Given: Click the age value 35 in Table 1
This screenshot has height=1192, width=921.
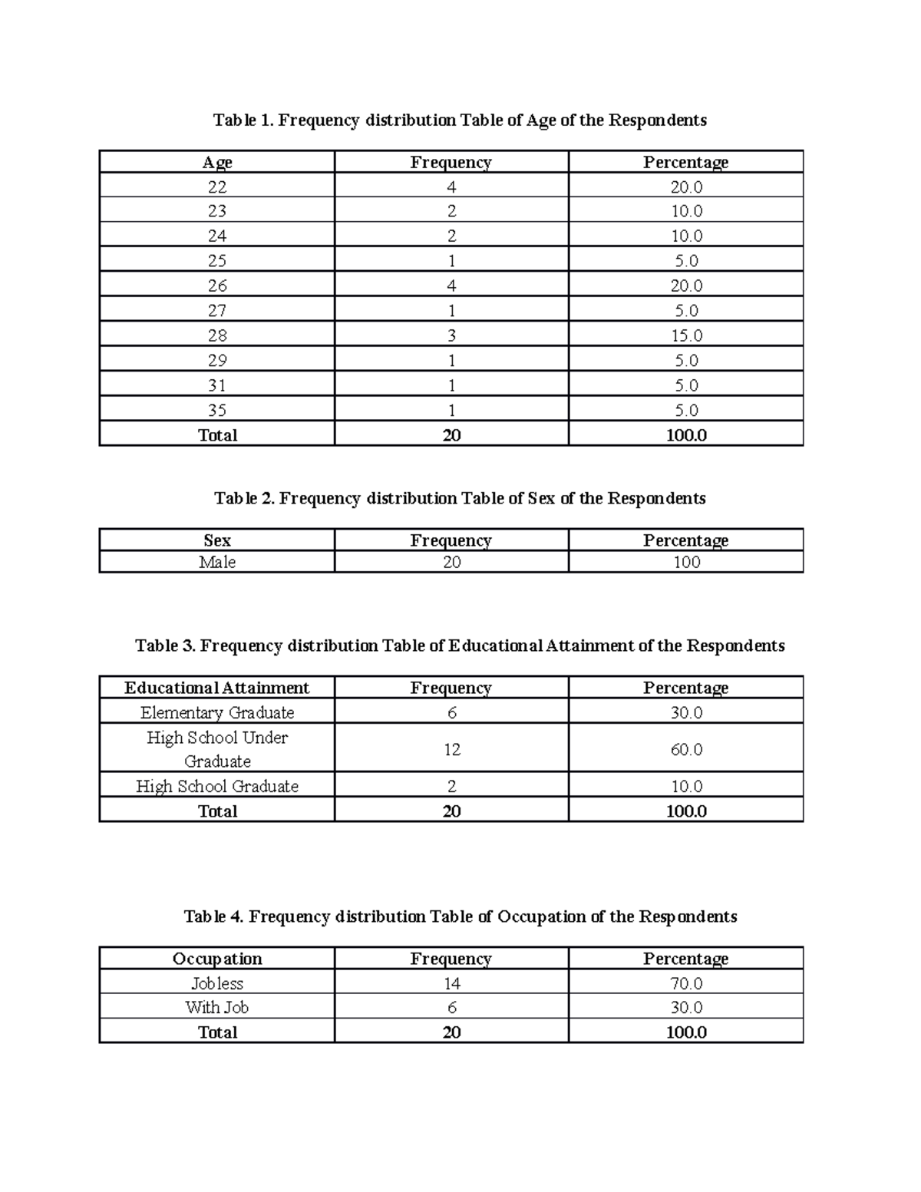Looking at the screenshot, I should click(217, 410).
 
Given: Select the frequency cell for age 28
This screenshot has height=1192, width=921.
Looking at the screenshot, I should click(451, 335).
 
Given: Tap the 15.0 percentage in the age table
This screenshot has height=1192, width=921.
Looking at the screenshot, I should click(686, 335).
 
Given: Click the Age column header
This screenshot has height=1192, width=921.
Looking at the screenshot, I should click(217, 162).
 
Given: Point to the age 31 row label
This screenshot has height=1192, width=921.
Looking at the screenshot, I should click(217, 385).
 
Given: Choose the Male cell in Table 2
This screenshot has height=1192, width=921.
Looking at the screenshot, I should click(217, 562).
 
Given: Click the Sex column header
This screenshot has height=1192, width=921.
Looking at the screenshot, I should click(217, 540).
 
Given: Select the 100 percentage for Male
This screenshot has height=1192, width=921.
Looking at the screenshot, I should click(686, 562).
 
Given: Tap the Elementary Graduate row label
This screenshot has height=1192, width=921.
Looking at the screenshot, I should click(217, 712).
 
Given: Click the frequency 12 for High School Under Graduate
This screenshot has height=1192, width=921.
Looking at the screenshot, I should click(451, 749).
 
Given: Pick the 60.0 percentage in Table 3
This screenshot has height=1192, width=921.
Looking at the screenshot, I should click(686, 749).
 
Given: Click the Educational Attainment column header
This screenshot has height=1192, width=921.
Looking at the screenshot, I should click(217, 688).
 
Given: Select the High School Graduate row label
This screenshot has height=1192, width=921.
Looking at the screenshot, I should click(217, 786).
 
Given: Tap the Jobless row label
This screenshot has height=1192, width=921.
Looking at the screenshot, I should click(217, 983).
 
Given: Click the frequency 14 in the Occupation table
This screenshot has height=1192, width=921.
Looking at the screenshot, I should click(451, 983).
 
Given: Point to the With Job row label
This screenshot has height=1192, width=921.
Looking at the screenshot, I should click(217, 1007).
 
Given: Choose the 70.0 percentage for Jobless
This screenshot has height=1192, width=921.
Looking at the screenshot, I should click(686, 983).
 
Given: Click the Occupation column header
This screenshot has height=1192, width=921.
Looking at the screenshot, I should click(217, 959).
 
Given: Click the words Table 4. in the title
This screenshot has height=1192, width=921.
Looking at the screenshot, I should click(214, 916).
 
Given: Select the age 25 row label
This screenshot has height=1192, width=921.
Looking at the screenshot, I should click(217, 261).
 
